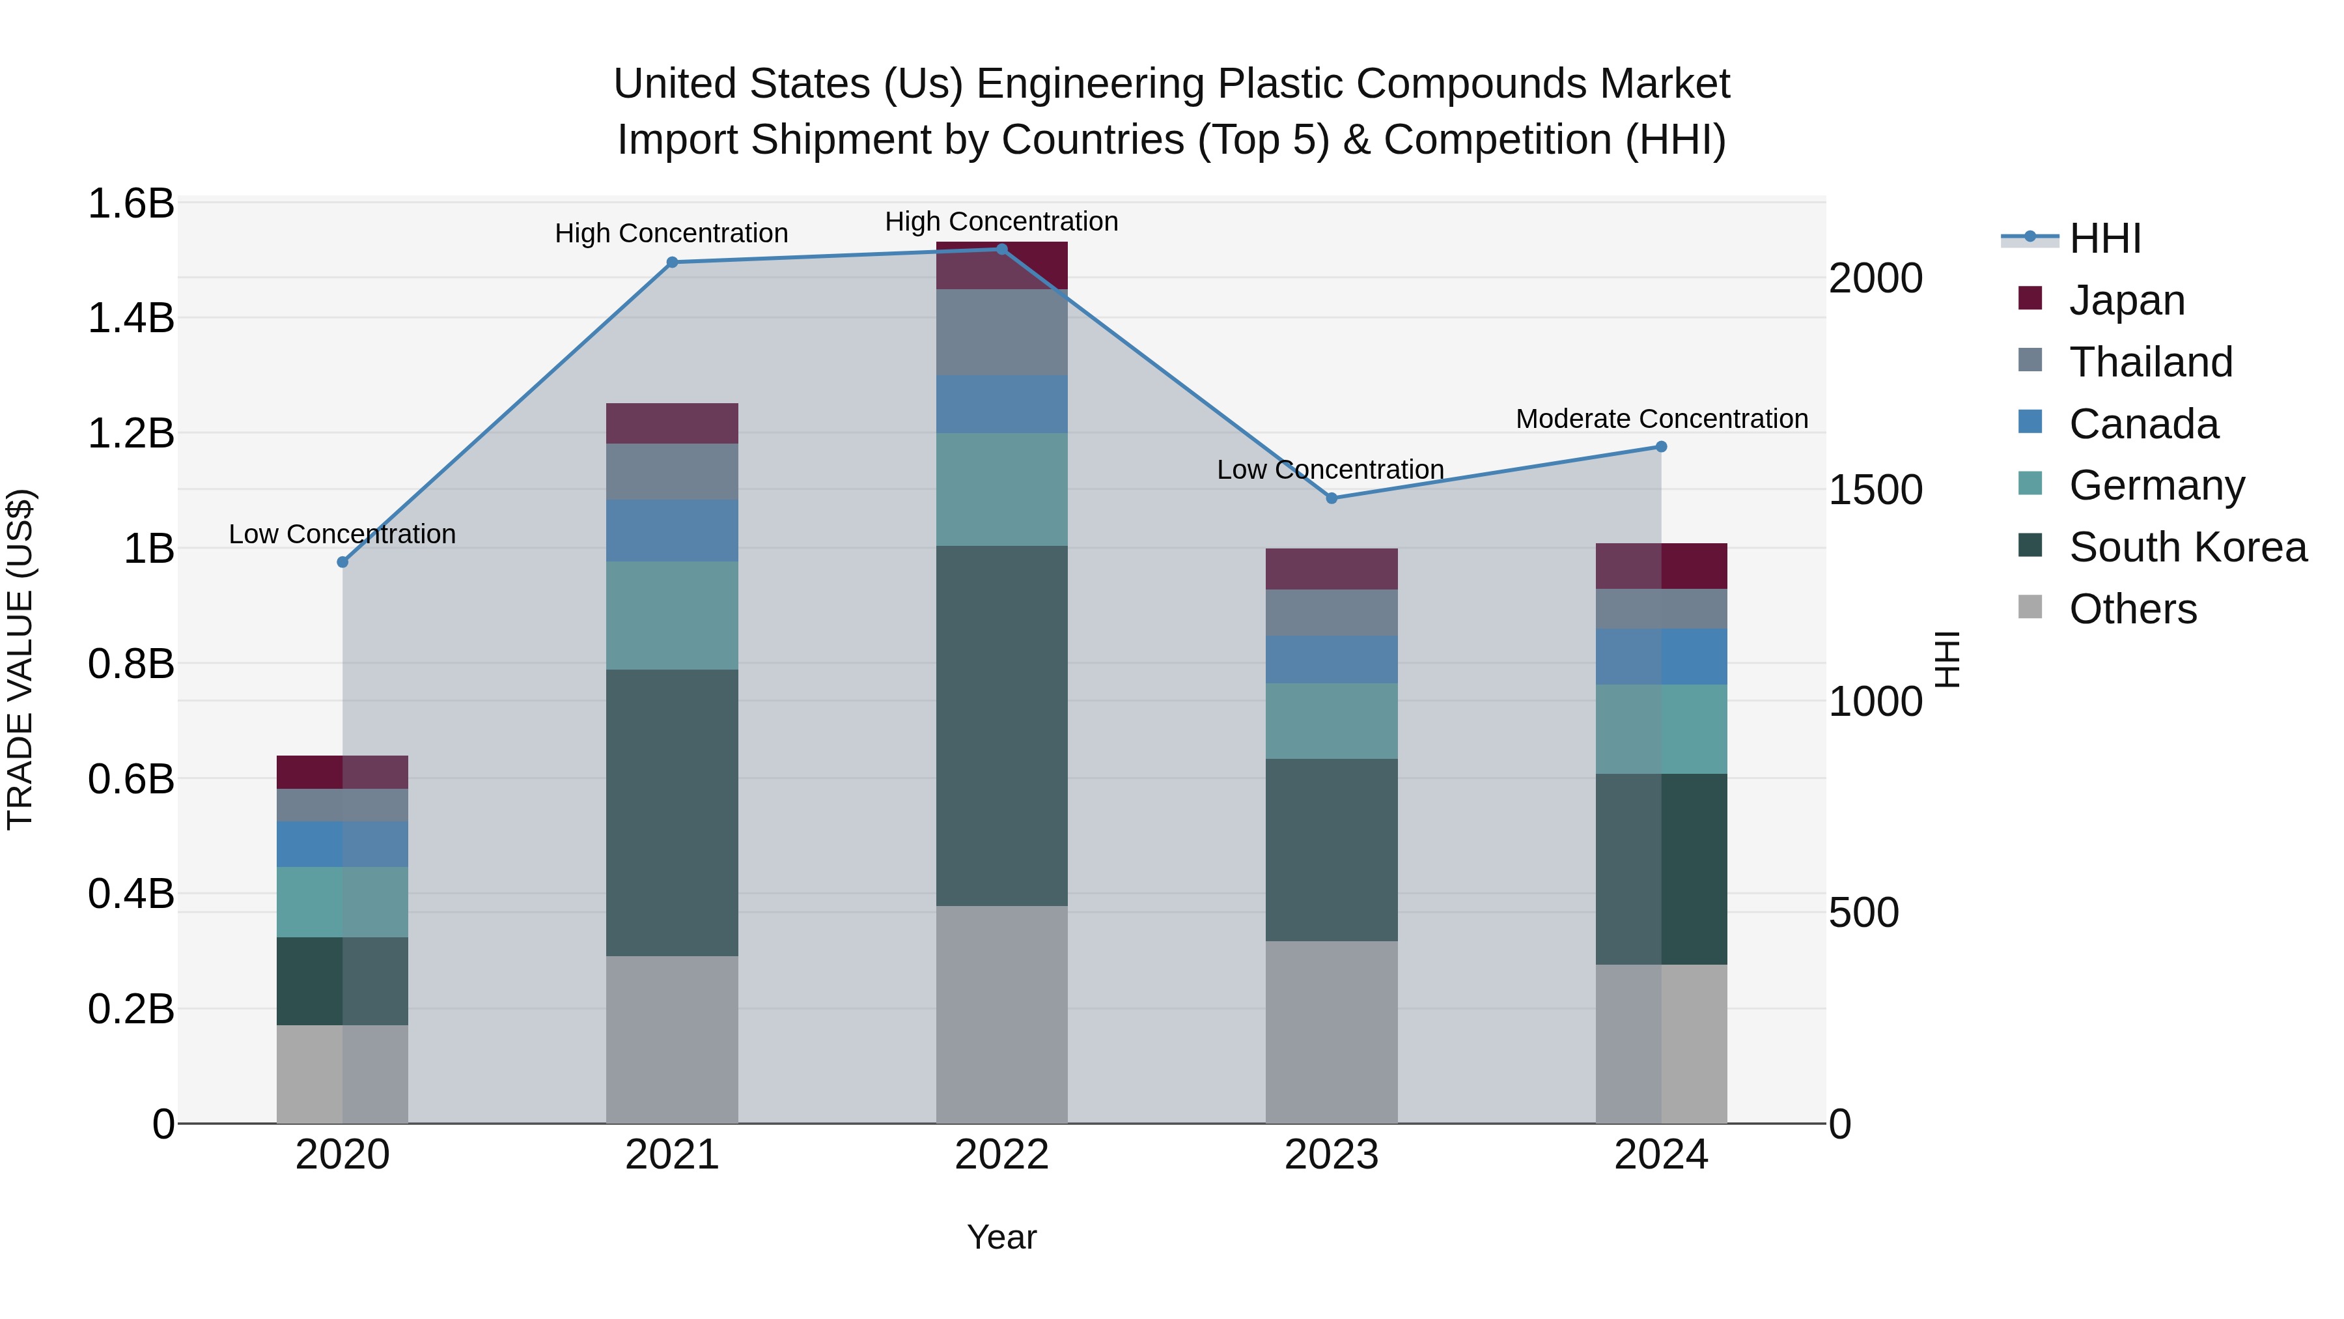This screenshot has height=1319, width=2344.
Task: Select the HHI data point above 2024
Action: click(x=1660, y=447)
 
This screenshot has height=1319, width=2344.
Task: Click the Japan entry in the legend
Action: click(x=2127, y=300)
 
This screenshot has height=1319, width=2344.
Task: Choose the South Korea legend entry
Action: click(x=2188, y=547)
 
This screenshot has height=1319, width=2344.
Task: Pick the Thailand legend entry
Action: click(x=2150, y=362)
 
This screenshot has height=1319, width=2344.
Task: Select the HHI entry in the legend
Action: click(x=2104, y=238)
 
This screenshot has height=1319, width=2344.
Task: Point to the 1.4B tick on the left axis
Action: click(x=130, y=319)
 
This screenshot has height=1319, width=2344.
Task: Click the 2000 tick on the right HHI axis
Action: click(x=1875, y=279)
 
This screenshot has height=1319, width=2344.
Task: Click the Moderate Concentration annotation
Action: click(x=1662, y=419)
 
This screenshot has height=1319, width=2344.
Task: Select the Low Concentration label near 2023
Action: click(x=1330, y=470)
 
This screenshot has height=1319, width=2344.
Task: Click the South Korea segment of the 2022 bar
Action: click(x=1002, y=726)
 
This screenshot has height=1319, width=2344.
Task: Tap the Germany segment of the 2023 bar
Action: click(x=1332, y=721)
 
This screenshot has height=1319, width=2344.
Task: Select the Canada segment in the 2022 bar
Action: click(x=1002, y=404)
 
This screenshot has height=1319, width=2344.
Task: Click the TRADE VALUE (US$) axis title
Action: click(x=20, y=659)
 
